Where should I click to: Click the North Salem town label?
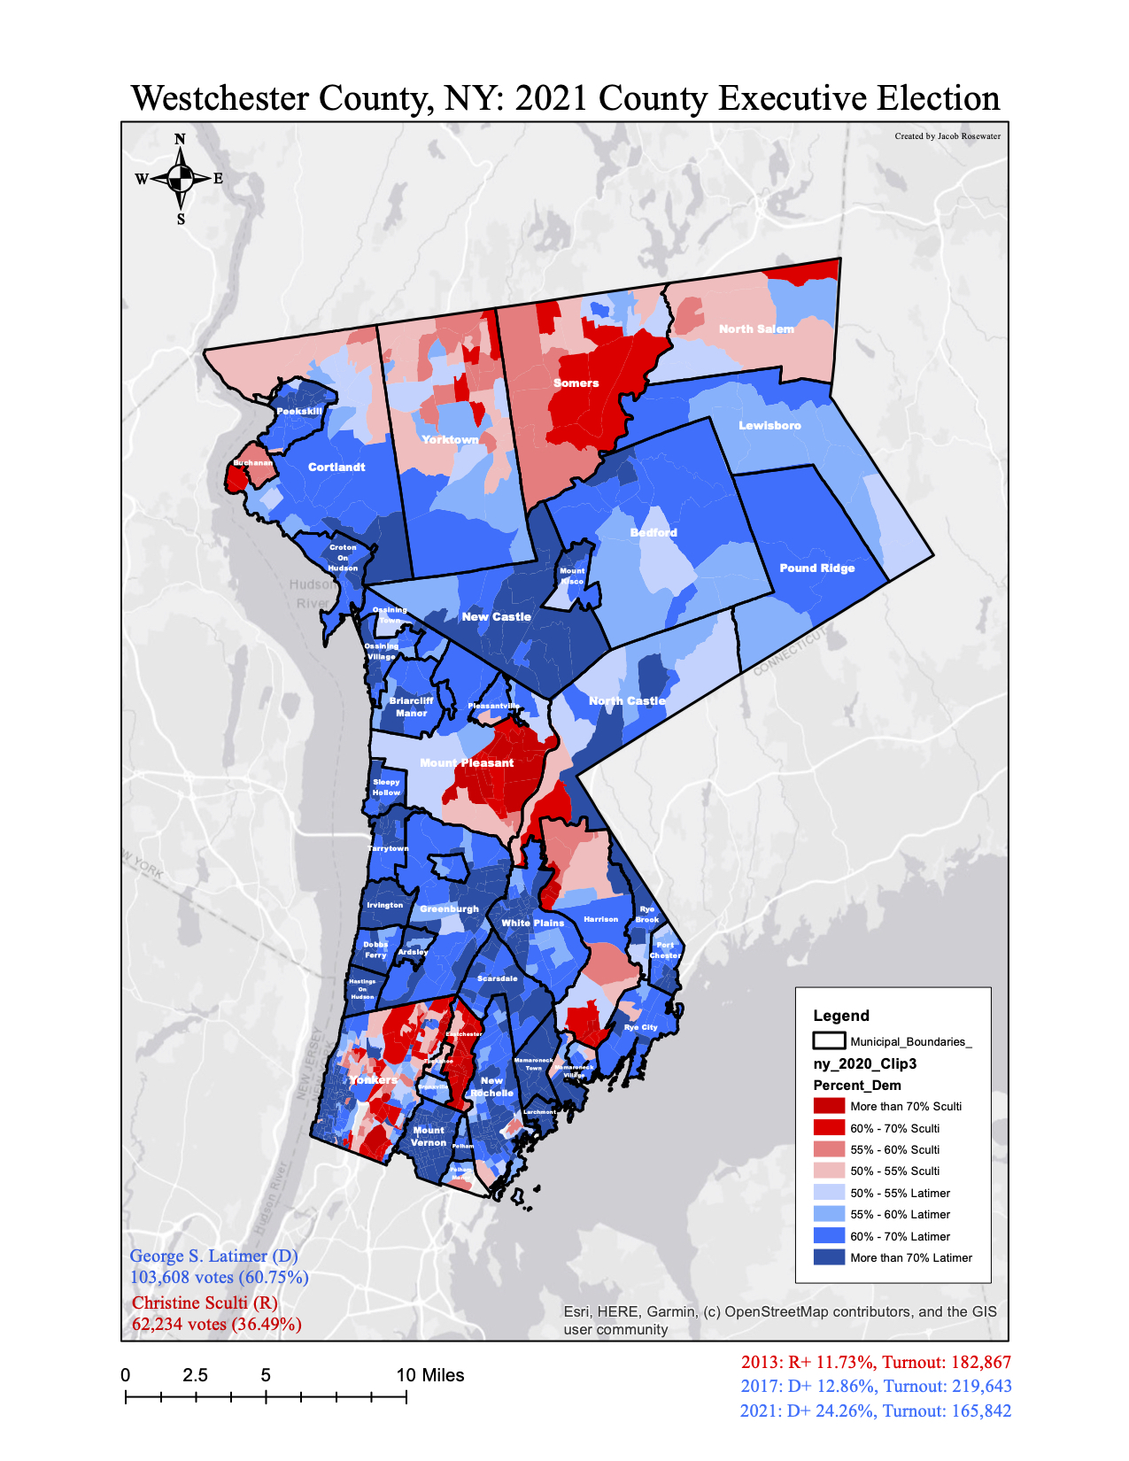click(756, 329)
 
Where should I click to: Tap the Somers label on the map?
click(576, 383)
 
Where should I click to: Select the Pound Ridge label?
click(816, 568)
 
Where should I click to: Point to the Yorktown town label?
click(450, 440)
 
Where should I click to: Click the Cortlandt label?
click(336, 467)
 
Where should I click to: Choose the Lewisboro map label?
click(769, 426)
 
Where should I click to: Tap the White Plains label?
click(532, 923)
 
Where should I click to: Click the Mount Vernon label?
click(429, 1136)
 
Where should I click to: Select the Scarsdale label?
click(497, 978)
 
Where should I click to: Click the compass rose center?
click(181, 178)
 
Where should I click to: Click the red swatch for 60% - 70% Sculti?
click(829, 1128)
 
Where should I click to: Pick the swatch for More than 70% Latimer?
click(829, 1257)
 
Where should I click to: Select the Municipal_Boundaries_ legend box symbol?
click(829, 1041)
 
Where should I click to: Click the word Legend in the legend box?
click(841, 1016)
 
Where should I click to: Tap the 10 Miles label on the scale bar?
click(430, 1375)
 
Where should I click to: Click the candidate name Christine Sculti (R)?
click(205, 1303)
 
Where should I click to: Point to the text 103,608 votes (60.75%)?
click(219, 1278)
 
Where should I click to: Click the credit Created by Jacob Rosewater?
click(947, 136)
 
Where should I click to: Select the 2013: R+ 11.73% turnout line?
click(876, 1363)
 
